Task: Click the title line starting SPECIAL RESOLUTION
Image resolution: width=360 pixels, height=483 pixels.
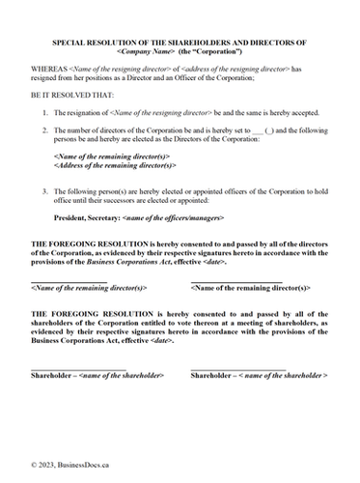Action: tap(180, 43)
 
